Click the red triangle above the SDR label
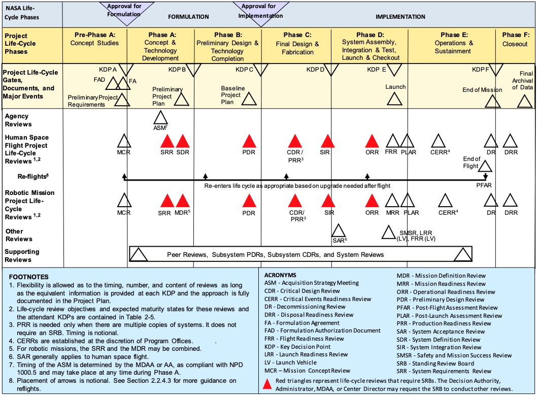[183, 142]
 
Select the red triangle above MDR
[182, 202]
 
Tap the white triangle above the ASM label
[160, 118]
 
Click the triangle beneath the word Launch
[394, 98]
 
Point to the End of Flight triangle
[485, 166]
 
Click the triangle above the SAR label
[339, 230]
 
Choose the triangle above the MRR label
[392, 202]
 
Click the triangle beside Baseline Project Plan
[248, 98]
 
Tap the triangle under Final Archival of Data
[524, 102]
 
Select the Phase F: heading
[515, 35]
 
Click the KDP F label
[481, 69]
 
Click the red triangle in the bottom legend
[267, 384]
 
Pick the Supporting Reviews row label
[22, 255]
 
